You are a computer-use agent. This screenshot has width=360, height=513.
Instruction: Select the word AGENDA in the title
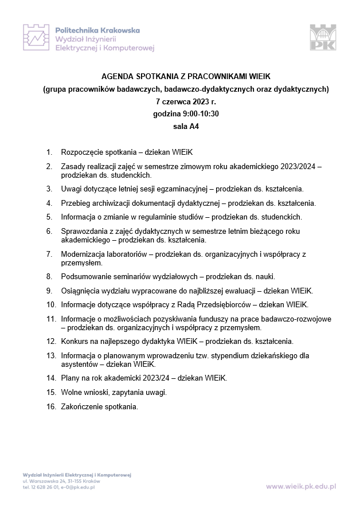tap(118, 76)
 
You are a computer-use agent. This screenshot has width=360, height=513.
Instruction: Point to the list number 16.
tap(50, 407)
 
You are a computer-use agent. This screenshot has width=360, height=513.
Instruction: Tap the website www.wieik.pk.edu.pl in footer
tap(302, 486)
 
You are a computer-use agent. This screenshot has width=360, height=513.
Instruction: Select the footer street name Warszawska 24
tap(42, 482)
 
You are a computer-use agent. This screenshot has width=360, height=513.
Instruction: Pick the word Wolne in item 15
tap(72, 393)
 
